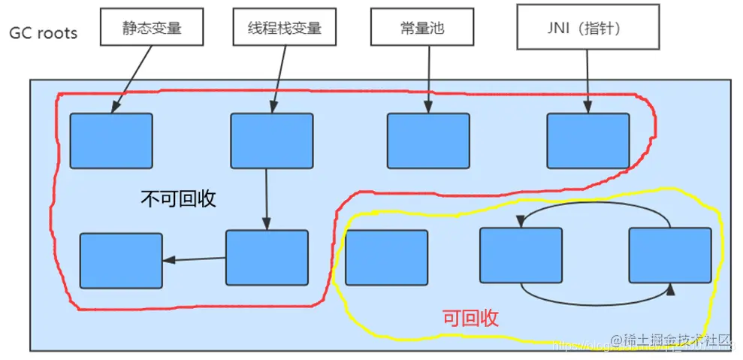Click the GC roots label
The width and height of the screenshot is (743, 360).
click(43, 33)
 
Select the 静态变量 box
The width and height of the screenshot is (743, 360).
click(153, 28)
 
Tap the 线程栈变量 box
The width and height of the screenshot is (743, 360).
click(284, 28)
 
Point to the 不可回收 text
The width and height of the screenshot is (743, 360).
click(179, 198)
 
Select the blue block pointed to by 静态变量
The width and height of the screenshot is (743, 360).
click(111, 141)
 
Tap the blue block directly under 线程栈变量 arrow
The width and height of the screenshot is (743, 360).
click(271, 141)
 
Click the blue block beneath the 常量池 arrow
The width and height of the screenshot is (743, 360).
click(429, 141)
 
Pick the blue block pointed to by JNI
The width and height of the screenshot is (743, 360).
click(587, 141)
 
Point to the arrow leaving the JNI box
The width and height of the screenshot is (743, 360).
click(587, 79)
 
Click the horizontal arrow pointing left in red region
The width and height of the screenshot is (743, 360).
click(194, 260)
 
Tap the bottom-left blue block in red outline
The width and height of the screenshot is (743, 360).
click(121, 260)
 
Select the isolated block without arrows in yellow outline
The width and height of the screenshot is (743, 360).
click(386, 258)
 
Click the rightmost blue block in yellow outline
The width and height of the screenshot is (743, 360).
click(669, 256)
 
